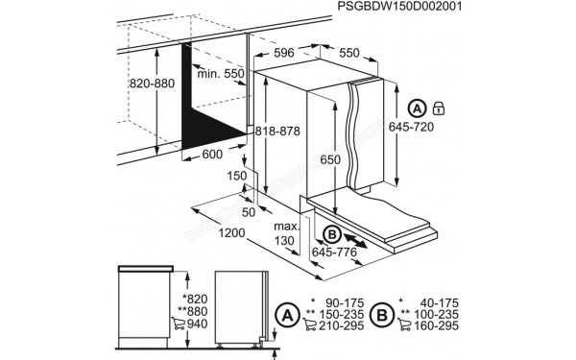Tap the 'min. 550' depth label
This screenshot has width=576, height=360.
(x=219, y=73)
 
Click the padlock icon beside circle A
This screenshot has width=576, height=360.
(x=440, y=108)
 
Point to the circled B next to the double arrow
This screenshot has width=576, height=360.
(x=331, y=232)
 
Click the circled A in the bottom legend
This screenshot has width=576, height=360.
(x=285, y=313)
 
